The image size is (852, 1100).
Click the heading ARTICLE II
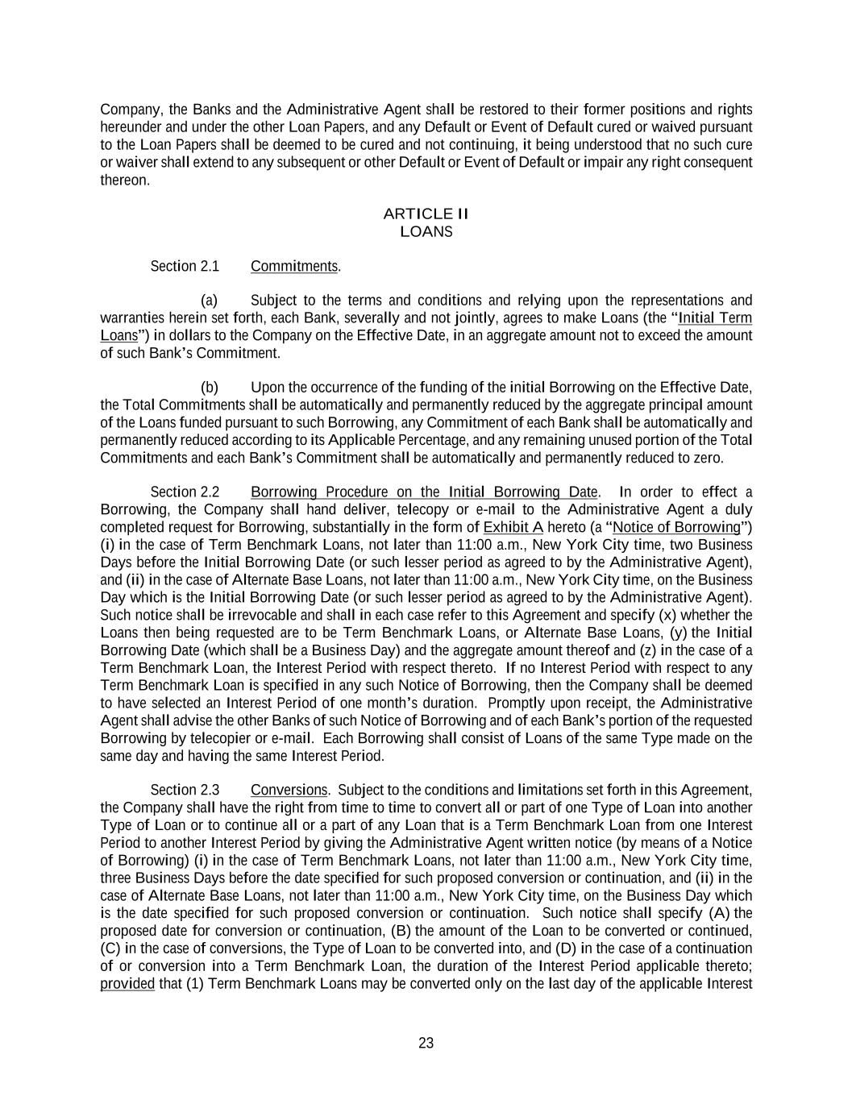click(426, 214)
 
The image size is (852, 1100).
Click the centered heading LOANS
click(426, 232)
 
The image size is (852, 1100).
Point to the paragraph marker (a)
click(209, 301)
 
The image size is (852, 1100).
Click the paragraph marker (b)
click(209, 387)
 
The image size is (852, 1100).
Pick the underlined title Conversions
click(289, 790)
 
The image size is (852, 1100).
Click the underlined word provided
click(127, 983)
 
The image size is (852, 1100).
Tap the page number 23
click(426, 1043)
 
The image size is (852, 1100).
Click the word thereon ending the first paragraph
click(123, 180)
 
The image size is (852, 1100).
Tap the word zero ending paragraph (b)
click(707, 458)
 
